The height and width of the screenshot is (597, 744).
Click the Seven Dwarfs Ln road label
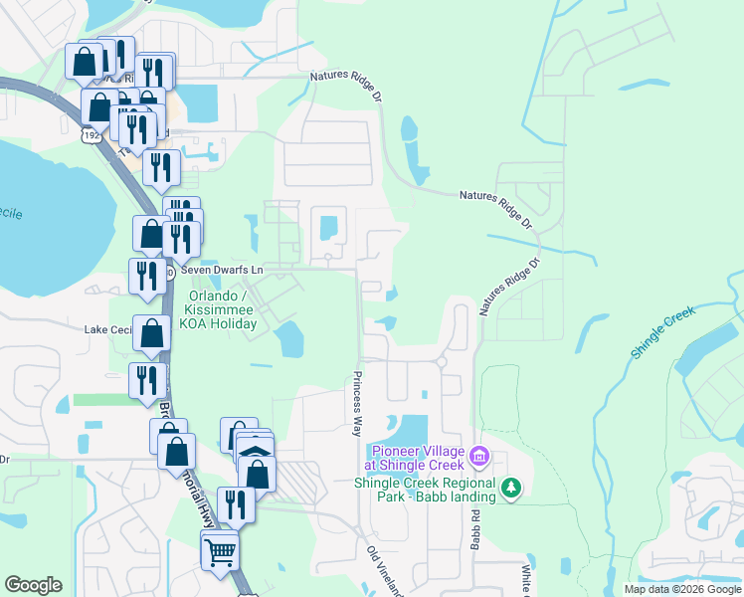pos(221,271)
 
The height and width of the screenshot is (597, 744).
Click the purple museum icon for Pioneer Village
pos(479,457)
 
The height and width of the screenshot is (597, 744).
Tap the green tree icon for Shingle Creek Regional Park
pos(511,488)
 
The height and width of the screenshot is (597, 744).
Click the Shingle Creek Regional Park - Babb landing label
pos(425,490)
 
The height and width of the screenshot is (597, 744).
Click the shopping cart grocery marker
pos(220,549)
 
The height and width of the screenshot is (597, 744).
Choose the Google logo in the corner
pos(33,585)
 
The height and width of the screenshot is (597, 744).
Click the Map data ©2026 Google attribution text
pos(682,589)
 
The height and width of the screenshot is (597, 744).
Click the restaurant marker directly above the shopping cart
pos(236,504)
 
